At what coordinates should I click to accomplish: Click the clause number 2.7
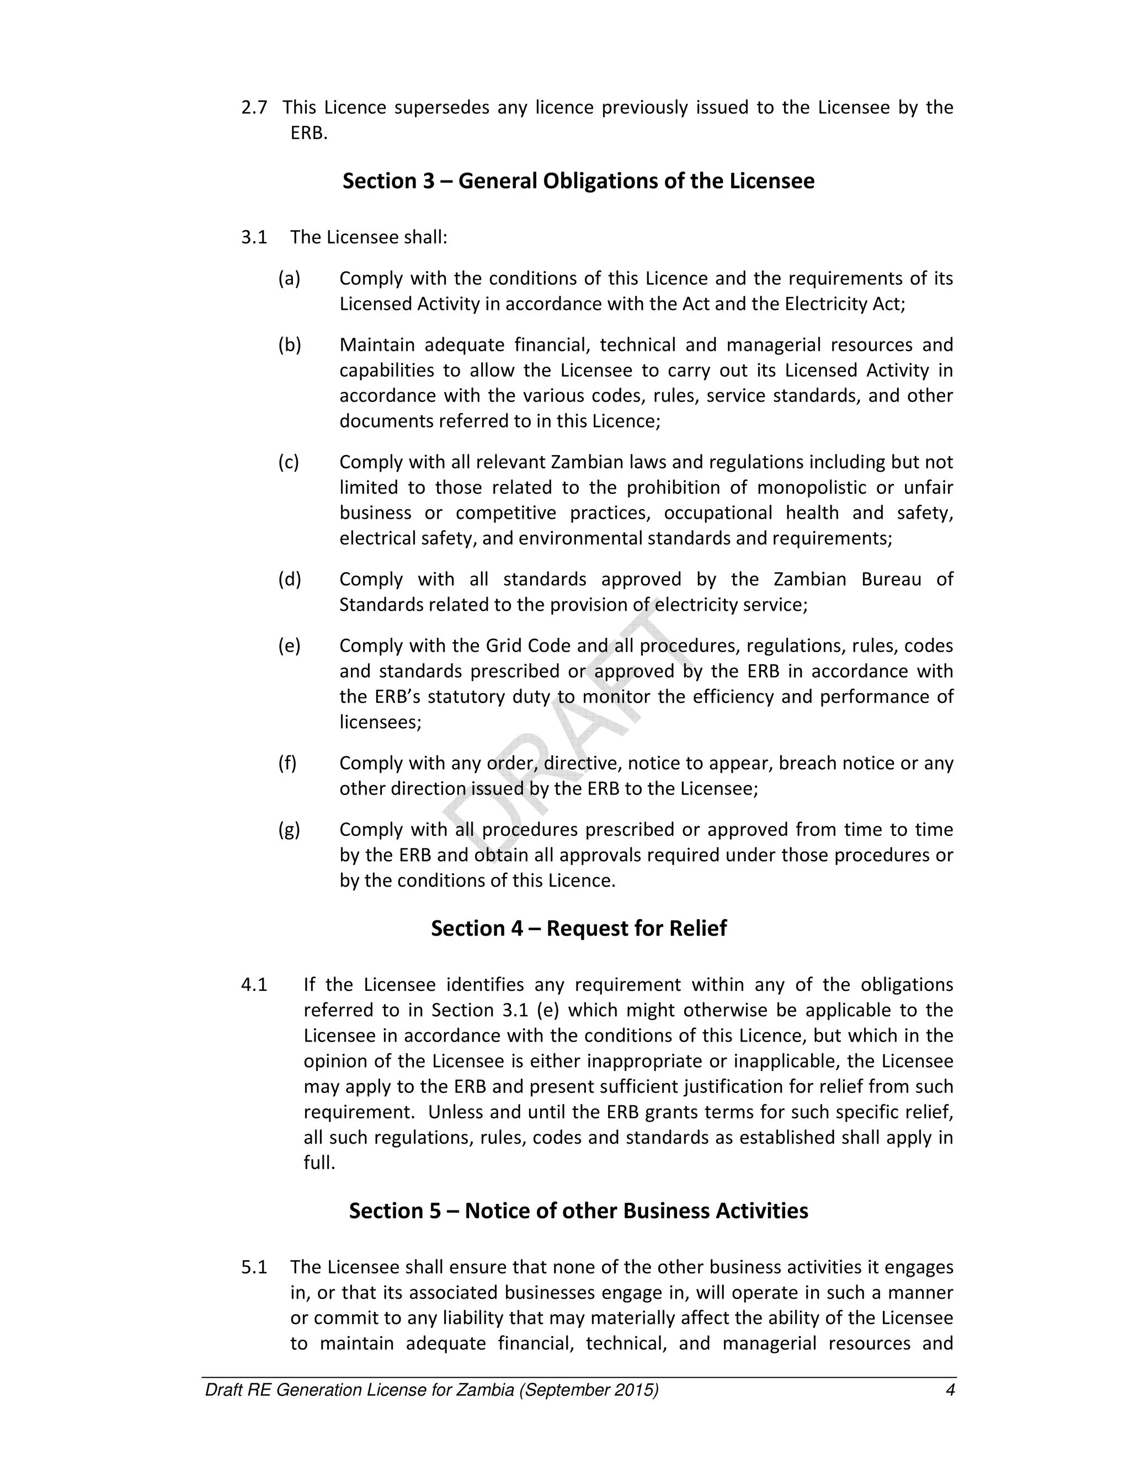pos(254,107)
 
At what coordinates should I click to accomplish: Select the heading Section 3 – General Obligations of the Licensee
pos(578,181)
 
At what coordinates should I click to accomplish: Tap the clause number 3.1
pos(254,237)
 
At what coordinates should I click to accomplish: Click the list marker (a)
pos(289,278)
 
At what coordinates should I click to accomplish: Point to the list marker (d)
pos(289,579)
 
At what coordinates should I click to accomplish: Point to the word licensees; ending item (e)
pos(380,722)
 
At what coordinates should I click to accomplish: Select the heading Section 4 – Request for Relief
pos(578,928)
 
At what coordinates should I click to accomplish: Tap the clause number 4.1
pos(254,985)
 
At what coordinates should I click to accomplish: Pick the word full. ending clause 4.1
pos(319,1163)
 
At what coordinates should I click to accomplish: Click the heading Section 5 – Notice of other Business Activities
pos(578,1210)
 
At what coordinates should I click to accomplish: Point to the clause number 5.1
pos(254,1267)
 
